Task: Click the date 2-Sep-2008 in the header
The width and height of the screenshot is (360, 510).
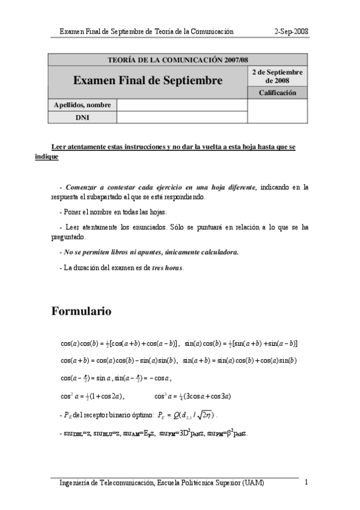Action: [291, 31]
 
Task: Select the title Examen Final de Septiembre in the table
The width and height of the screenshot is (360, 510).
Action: [148, 80]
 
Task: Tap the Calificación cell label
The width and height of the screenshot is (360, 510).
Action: [277, 93]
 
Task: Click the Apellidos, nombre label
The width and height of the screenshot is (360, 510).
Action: [82, 105]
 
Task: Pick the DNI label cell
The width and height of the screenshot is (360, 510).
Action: [82, 117]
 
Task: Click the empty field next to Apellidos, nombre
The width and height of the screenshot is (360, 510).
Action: [182, 105]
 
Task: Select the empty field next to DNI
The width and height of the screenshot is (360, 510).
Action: [182, 117]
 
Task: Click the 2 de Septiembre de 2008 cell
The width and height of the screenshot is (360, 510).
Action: [277, 76]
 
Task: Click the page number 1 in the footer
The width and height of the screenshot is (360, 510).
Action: [307, 482]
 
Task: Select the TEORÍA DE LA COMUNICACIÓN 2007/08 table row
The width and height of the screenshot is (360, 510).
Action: [177, 60]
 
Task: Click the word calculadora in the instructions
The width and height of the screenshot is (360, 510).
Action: [218, 252]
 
